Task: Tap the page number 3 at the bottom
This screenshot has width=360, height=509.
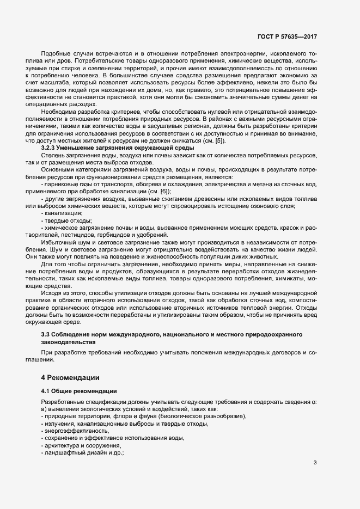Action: click(x=315, y=463)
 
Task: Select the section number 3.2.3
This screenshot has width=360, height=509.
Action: click(x=51, y=148)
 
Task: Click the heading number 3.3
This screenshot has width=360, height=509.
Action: click(x=46, y=333)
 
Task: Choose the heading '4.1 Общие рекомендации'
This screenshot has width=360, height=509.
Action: click(x=76, y=391)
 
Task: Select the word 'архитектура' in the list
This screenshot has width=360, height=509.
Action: click(x=62, y=446)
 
